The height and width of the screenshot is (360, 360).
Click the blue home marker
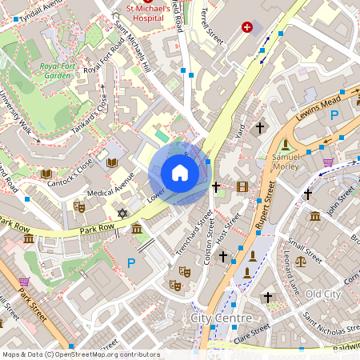[x=180, y=173]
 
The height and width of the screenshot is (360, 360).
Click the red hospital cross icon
[x=247, y=27]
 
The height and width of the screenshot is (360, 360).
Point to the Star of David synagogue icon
[x=122, y=214]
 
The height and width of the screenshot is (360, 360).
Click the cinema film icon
[x=242, y=186]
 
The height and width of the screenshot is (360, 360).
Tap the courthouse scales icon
[x=301, y=261]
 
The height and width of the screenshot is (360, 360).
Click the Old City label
[x=323, y=294]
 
